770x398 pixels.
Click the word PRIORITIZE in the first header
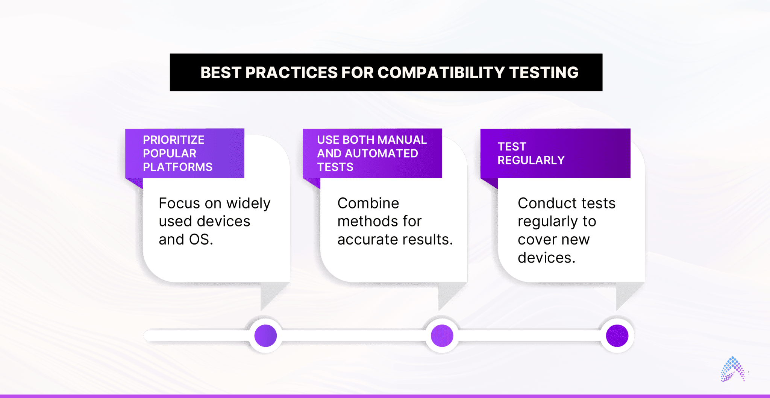(173, 140)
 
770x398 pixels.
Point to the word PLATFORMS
(177, 167)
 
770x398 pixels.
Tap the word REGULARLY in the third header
(531, 160)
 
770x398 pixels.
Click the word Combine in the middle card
(368, 204)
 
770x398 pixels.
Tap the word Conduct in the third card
(545, 204)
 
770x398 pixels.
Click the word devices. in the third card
(546, 258)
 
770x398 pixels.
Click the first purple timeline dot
(265, 336)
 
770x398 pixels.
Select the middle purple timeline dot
(442, 336)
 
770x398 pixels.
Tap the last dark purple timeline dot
(617, 336)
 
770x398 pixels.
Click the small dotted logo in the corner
(732, 370)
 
